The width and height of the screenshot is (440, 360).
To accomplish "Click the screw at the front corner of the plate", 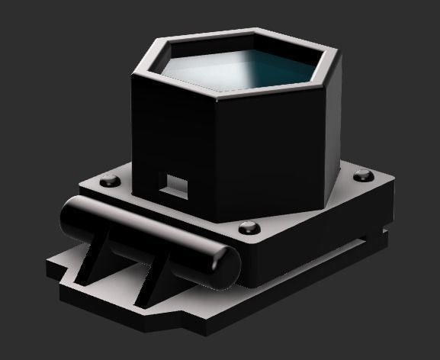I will point(247,227).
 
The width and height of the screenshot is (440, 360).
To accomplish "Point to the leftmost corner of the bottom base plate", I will point(47,267).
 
